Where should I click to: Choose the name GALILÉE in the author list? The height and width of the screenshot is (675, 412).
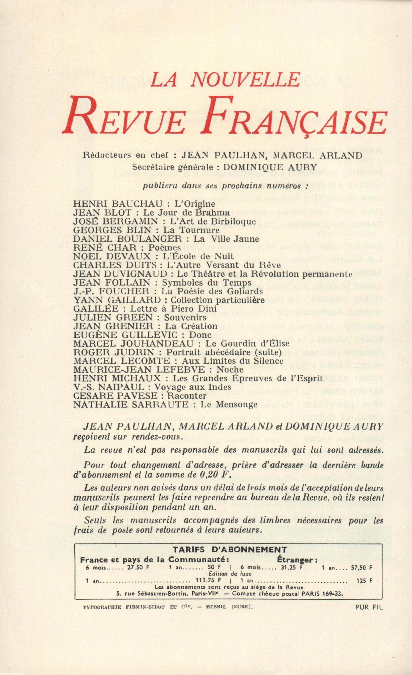tap(96, 309)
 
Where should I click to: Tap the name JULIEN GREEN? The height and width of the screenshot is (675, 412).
tap(113, 317)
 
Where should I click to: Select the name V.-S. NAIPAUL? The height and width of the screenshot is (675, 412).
tap(109, 387)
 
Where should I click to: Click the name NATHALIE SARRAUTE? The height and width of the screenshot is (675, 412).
tap(130, 404)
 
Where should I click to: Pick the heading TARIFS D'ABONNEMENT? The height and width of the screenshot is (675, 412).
tap(230, 550)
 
